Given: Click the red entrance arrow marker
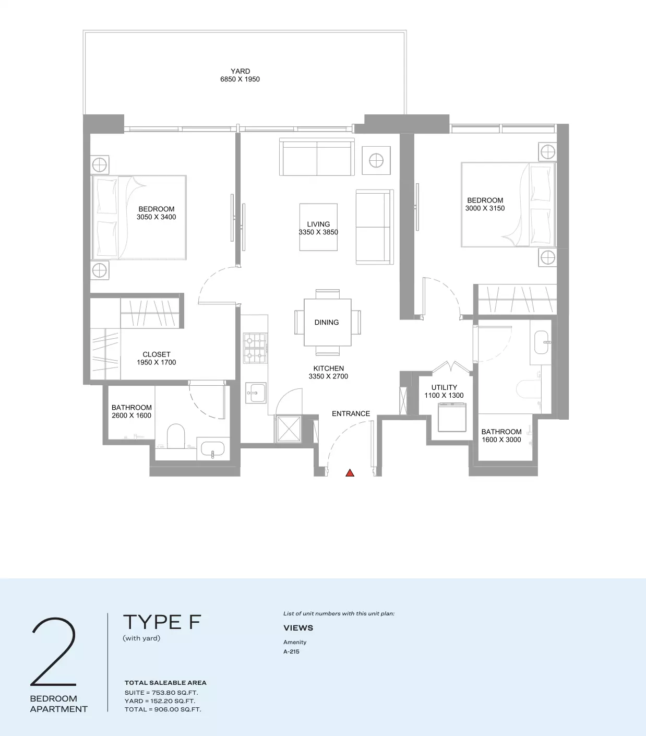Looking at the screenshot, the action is point(350,472).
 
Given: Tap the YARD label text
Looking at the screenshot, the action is point(240,71).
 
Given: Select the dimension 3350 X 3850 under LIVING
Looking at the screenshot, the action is point(318,232).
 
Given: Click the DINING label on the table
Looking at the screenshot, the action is point(327,322).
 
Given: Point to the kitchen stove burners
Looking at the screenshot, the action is point(255,348).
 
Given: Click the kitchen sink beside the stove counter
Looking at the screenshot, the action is point(256,393).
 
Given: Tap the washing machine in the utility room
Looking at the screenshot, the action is point(452,418).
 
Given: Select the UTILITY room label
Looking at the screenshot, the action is point(444,387).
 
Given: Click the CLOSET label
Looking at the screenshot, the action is point(156,354).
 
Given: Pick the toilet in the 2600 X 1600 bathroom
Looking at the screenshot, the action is point(176,436).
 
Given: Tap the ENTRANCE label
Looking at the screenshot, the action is point(351,413).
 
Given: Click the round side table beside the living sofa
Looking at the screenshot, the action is point(376,160).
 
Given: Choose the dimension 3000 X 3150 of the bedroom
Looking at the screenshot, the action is point(485,208).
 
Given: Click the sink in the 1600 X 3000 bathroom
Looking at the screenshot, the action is point(541,342).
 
